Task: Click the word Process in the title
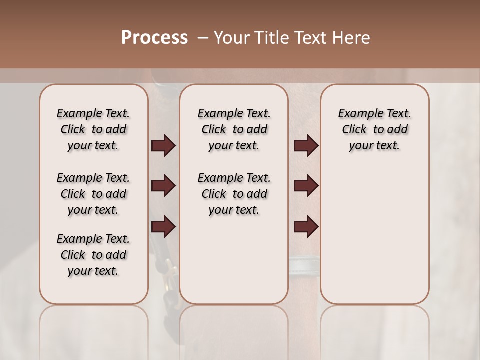(154, 38)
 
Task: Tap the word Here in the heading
(352, 38)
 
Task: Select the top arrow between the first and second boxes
(163, 146)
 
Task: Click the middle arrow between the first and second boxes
(163, 186)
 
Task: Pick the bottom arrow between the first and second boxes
(163, 226)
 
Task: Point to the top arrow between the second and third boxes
(306, 146)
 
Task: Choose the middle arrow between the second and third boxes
(306, 186)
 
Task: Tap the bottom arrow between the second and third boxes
(306, 226)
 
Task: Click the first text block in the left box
(93, 129)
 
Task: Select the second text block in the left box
(93, 194)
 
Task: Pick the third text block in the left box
(93, 255)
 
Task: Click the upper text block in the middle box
(234, 129)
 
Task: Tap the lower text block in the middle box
(234, 194)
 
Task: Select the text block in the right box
(374, 129)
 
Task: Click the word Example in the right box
(357, 114)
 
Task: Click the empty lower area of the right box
(374, 240)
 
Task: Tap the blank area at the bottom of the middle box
(234, 265)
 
